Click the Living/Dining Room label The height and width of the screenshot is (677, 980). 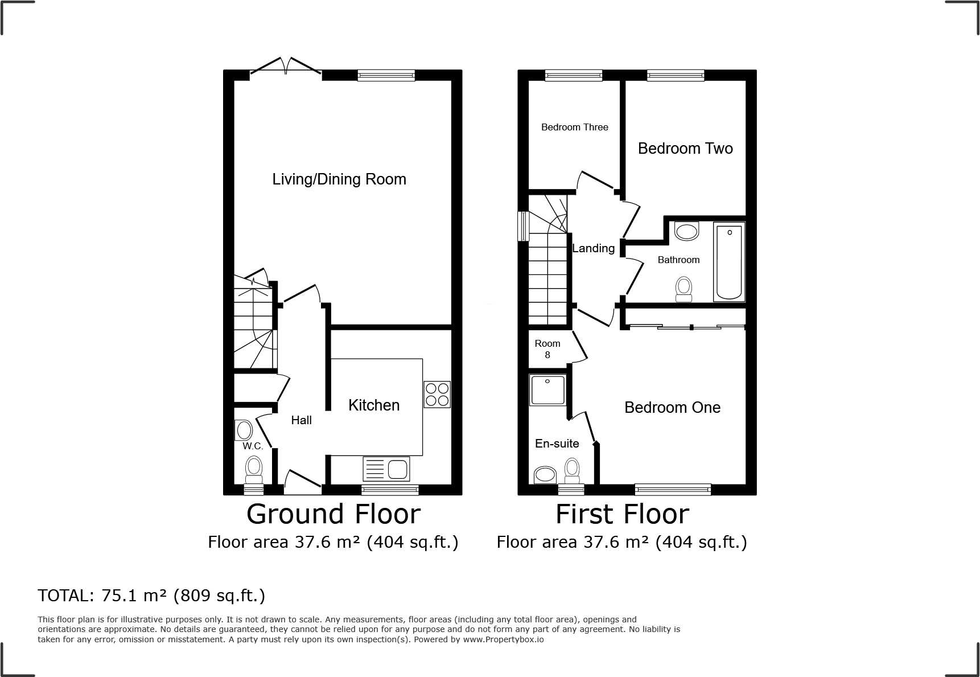[339, 179]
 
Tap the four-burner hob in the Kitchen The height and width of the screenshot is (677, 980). [437, 394]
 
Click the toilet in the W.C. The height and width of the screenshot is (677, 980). [254, 471]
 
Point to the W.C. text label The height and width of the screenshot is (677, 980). [252, 446]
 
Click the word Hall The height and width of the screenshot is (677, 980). [301, 420]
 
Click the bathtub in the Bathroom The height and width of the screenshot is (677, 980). [729, 262]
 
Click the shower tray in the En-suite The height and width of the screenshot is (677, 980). [548, 390]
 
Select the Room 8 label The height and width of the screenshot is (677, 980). [547, 348]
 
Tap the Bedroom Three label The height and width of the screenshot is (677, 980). [574, 127]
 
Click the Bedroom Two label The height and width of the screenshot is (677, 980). [685, 149]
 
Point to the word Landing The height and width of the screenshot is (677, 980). [593, 248]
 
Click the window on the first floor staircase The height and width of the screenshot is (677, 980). [522, 226]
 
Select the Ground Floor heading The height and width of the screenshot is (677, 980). [333, 514]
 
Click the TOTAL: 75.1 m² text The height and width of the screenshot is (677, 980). [151, 596]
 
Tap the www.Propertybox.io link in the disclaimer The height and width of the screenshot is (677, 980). [503, 639]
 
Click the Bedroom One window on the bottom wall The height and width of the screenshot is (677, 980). [673, 488]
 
